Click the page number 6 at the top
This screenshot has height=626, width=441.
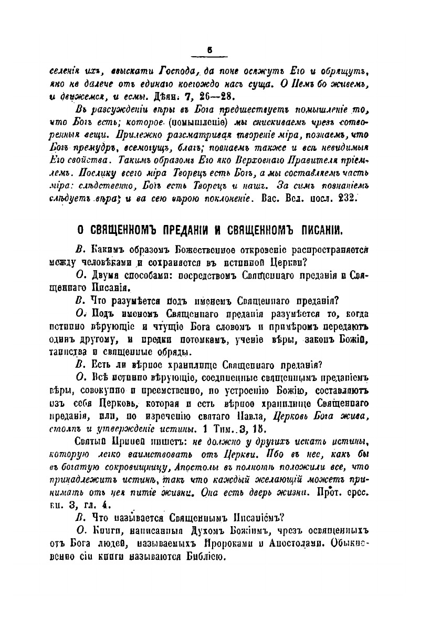pos(209,50)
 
